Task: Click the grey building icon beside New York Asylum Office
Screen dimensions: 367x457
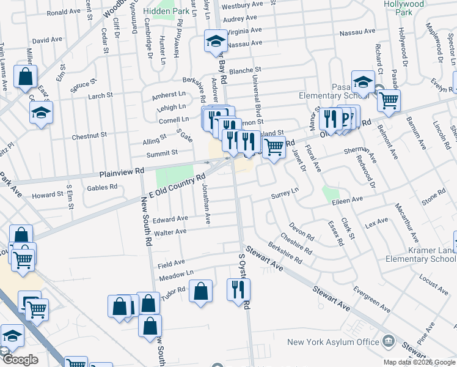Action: click(389, 341)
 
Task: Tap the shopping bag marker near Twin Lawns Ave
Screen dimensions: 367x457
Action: click(25, 77)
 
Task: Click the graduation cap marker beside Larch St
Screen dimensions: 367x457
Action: click(41, 113)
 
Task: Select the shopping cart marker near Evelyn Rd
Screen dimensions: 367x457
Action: click(389, 100)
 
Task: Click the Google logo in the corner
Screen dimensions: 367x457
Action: click(20, 360)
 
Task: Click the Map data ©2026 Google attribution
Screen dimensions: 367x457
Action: click(419, 362)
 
